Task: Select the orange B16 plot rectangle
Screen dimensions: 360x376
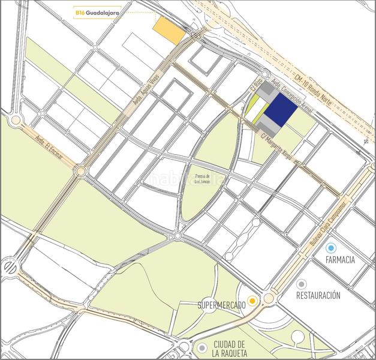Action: [x=169, y=31]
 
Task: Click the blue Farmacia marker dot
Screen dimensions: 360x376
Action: [x=330, y=247]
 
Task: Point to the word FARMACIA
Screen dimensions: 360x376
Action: [x=341, y=260]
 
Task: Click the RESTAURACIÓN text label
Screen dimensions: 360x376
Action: [x=318, y=296]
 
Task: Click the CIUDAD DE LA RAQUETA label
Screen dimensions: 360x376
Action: [x=229, y=349]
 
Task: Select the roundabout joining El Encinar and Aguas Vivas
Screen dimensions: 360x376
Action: [x=80, y=172]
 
